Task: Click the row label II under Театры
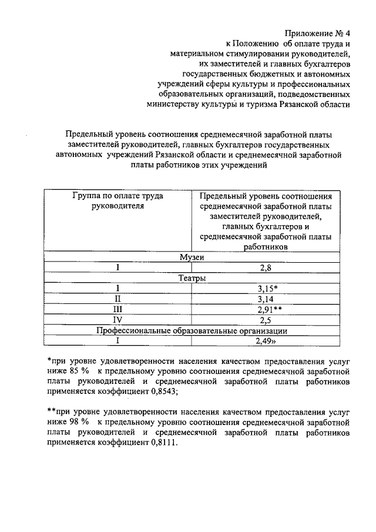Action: point(118,299)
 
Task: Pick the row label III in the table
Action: point(118,309)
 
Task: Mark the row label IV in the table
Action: point(118,320)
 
